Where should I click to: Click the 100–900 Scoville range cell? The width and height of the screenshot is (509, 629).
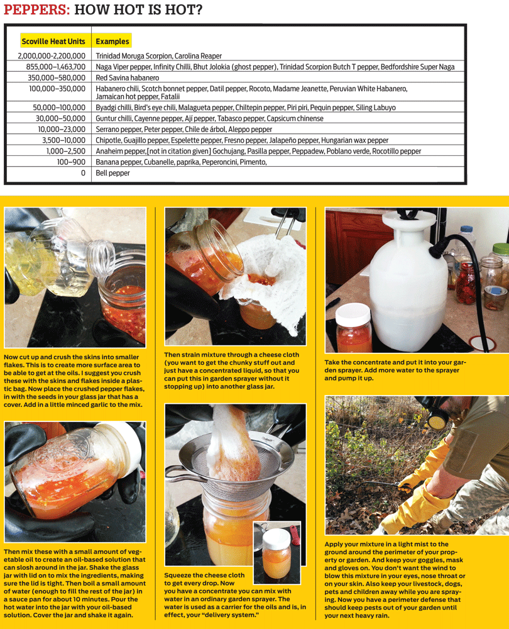coord(70,162)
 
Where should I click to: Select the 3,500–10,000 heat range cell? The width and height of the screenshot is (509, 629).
coord(63,140)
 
